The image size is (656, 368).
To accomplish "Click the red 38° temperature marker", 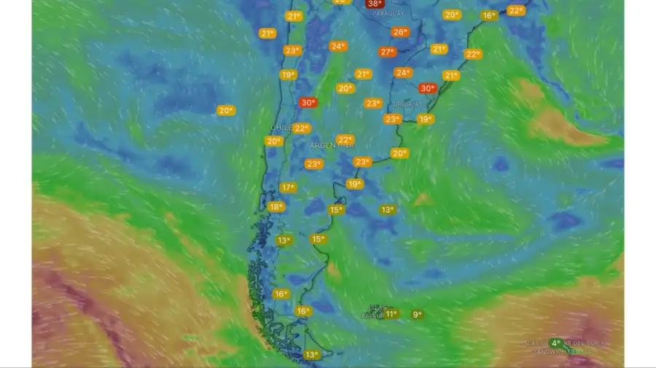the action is coord(375,4).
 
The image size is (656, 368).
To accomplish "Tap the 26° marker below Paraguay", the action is coord(400,32).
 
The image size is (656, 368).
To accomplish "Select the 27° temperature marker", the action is coord(387,52).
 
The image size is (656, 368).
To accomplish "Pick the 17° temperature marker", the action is coord(288,187).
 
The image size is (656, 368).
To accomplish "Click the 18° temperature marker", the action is coord(276,206).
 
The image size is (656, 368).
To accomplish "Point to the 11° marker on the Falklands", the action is coord(391,314).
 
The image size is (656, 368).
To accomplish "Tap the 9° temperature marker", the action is coord(416,315).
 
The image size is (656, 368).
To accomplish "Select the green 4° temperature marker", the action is coord(555,342).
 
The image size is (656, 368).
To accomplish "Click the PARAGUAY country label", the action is coord(387,14).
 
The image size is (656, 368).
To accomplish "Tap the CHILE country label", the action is coord(281,127).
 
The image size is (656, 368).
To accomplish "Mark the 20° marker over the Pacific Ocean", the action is coord(225,110).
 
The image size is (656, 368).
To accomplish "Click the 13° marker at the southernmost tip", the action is coord(312,355).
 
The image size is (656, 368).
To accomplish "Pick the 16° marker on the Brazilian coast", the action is coord(489,15).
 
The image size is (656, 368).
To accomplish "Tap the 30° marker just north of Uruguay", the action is coord(427,88).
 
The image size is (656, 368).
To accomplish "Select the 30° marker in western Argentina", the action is coord(308,103).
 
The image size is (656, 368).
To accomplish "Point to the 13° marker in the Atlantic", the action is coord(387,210).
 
